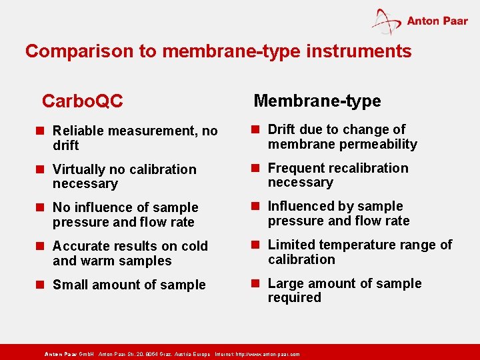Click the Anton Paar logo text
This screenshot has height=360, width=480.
tap(437, 21)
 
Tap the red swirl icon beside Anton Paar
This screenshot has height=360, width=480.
tap(387, 22)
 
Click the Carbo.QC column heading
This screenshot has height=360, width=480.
tap(82, 101)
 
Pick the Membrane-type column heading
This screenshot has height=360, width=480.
tap(317, 101)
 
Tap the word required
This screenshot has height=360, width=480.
tap(294, 297)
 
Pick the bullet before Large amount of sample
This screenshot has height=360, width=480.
tap(257, 283)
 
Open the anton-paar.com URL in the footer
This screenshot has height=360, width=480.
tap(267, 354)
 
